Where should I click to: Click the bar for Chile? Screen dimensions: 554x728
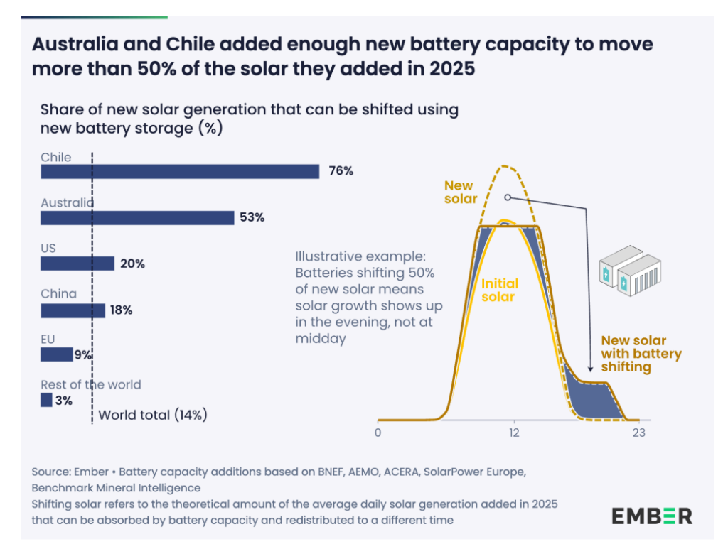tap(180, 172)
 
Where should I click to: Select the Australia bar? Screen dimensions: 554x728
tap(137, 218)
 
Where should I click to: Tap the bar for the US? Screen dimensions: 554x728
tap(77, 264)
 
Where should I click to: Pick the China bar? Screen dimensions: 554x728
tap(73, 310)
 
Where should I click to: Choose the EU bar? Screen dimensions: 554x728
tap(56, 354)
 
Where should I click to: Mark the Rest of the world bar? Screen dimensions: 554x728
tap(46, 401)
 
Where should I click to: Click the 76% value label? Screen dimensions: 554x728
tap(341, 172)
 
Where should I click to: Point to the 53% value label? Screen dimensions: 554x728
tap(252, 218)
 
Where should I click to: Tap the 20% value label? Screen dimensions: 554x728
tap(132, 264)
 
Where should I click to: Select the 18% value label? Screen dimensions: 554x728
tap(120, 310)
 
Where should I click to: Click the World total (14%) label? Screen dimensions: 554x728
tap(152, 415)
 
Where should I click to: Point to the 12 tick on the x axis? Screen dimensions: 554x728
tap(513, 433)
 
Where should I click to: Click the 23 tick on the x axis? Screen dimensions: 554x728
tap(638, 433)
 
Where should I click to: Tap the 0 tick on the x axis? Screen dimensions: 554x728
tap(378, 433)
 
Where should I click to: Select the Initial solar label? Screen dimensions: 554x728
tap(498, 290)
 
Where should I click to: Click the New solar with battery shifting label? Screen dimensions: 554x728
tap(641, 354)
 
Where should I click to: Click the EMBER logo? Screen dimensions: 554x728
tap(651, 515)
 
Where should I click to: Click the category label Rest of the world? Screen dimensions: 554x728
tap(91, 384)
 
